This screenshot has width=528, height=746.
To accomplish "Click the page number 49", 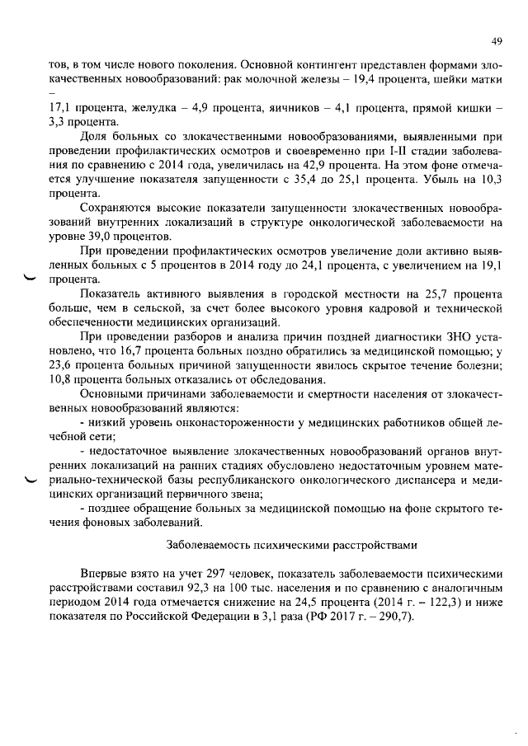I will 497,41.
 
